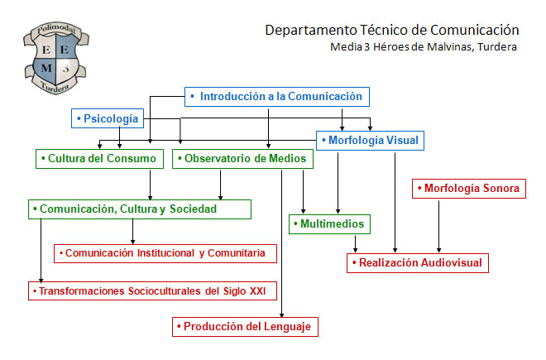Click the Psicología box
pos(108,118)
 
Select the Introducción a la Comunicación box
pos(277,97)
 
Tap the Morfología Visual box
pos(370,141)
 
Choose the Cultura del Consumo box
pos(99,159)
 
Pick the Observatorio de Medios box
pos(242,159)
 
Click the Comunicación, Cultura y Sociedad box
pos(140,209)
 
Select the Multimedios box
pos(329,224)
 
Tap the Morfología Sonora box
pos(469,189)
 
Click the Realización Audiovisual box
pos(418,263)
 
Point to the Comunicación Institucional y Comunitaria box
pos(165,253)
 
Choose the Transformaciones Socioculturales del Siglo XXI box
pos(152,291)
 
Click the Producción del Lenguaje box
pos(245,327)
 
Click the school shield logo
pos(56,58)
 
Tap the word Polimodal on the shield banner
pos(56,29)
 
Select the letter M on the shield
pos(46,68)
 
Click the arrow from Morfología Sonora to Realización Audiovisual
pos(438,227)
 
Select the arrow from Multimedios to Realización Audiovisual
pos(355,244)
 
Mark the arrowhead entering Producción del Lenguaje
pos(282,315)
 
